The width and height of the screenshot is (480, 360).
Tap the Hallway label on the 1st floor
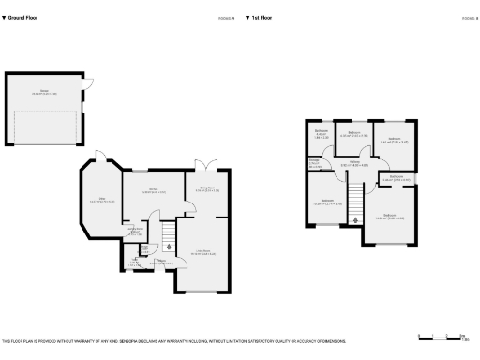tap(354, 165)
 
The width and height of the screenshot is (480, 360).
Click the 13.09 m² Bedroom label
tap(326, 202)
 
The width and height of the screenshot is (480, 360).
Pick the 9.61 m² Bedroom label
tap(391, 142)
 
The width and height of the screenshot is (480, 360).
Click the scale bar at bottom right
tap(444, 336)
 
